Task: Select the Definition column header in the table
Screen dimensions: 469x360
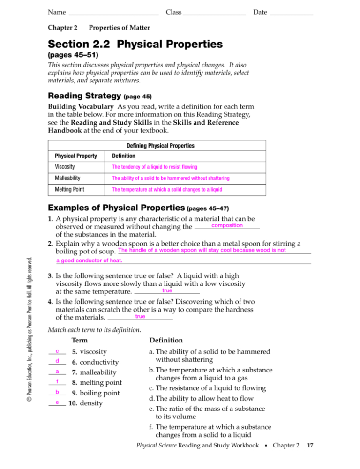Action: click(123, 156)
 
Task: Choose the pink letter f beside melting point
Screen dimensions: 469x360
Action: click(56, 381)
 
